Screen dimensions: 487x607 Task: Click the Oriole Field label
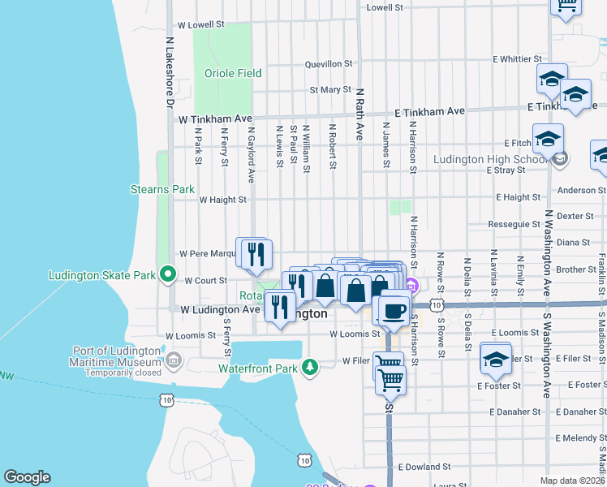233,73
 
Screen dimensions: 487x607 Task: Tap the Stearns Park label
162,189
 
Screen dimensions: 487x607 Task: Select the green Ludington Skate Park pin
168,274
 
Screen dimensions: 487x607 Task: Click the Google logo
27,477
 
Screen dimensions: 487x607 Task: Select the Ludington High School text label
490,159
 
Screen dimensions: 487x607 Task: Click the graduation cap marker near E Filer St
496,358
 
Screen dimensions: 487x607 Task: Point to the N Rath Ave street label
358,114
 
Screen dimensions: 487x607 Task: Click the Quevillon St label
328,63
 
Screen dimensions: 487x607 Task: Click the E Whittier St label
517,59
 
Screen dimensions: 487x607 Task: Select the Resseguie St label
514,224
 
